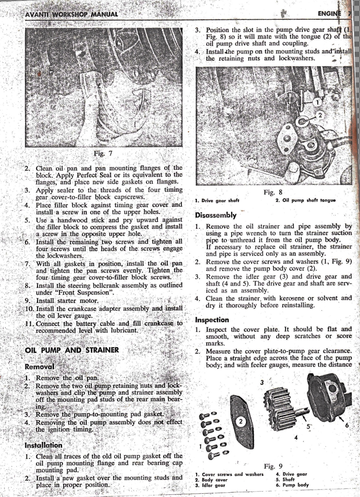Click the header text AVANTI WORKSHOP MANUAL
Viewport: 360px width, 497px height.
[x=71, y=14]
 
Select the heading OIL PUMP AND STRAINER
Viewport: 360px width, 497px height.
[x=72, y=350]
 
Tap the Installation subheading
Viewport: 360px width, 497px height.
[x=43, y=445]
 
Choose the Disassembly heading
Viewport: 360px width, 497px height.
[x=216, y=215]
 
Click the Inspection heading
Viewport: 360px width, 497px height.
[x=212, y=320]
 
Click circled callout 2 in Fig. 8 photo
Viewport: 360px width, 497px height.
[x=319, y=115]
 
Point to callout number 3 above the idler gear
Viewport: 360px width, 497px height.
[x=262, y=383]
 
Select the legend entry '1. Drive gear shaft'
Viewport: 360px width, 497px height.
[x=217, y=201]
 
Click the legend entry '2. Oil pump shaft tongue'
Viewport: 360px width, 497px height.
[x=305, y=201]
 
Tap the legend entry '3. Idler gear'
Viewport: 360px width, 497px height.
[x=210, y=485]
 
